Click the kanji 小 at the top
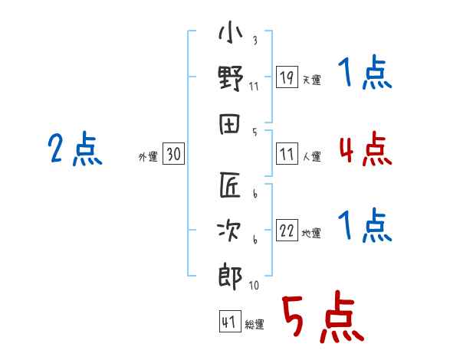point(231,34)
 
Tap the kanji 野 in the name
point(231,78)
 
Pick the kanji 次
point(231,231)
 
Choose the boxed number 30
point(174,155)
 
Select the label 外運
point(148,157)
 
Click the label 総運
point(254,325)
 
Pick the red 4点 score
point(365,149)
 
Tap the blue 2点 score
point(74,149)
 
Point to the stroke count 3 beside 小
point(254,40)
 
